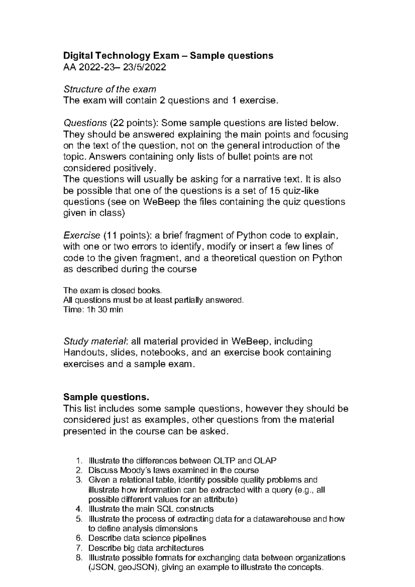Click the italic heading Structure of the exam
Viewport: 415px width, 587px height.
click(110, 89)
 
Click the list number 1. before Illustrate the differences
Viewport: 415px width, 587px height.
click(79, 460)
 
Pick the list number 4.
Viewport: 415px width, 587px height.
click(79, 509)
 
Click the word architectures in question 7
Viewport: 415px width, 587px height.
click(179, 548)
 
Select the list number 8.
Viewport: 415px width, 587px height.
click(79, 558)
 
